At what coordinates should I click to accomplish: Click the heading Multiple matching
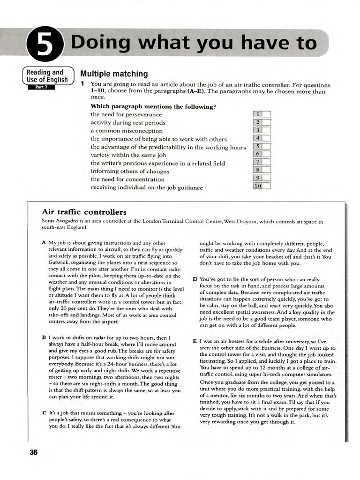click(114, 74)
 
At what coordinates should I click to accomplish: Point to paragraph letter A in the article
click(44, 243)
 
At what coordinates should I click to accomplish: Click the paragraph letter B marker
click(44, 337)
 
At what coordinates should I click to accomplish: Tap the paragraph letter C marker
click(44, 412)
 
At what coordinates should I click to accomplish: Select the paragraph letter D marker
click(195, 279)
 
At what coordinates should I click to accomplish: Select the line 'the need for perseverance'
click(126, 114)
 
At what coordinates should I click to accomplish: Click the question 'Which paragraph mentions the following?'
click(153, 106)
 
